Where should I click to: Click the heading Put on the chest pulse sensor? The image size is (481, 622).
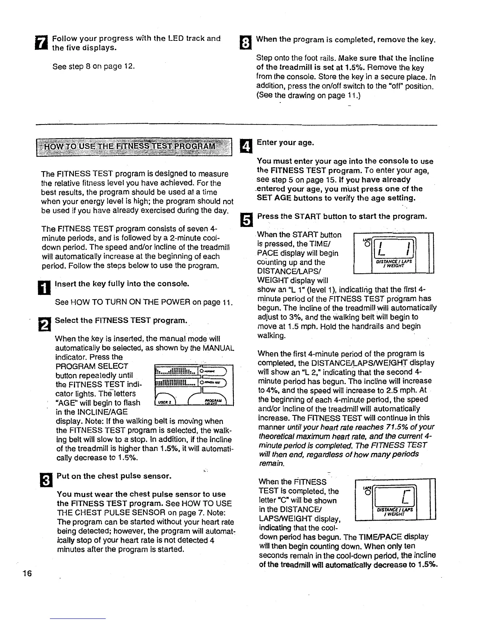pos(114,476)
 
